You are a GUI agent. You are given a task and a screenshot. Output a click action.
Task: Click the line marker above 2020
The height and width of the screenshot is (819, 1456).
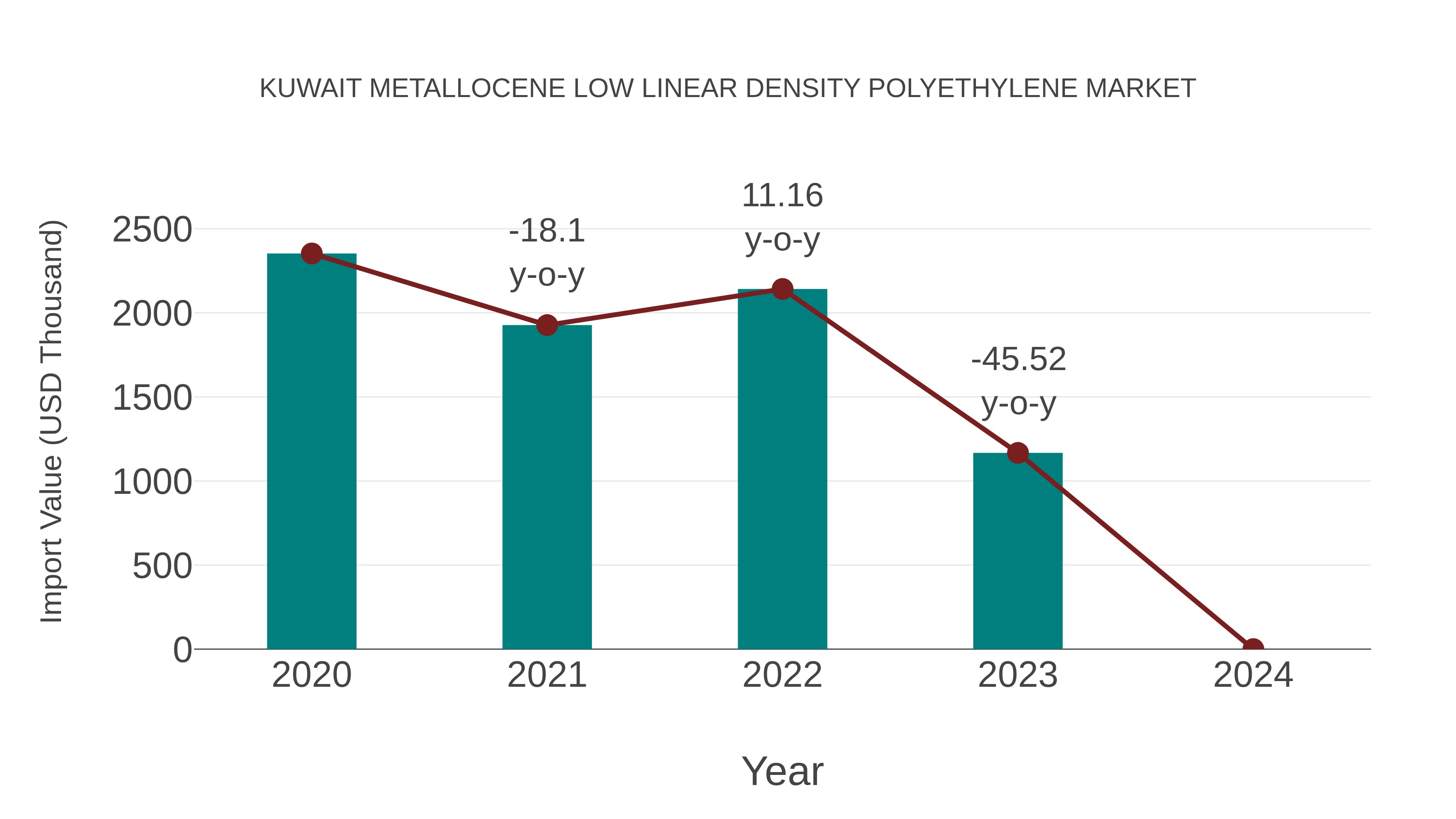(x=311, y=254)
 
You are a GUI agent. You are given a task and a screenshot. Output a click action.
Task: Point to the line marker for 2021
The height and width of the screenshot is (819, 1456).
(x=546, y=325)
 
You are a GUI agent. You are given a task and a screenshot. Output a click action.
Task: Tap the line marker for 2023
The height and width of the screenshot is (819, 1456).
(x=1018, y=453)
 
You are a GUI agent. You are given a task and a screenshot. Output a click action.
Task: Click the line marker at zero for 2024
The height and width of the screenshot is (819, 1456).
(x=1253, y=648)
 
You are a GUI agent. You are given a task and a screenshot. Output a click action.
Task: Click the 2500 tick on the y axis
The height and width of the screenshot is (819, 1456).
(x=152, y=230)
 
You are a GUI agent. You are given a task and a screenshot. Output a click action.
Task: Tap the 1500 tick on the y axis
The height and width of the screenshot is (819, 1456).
(x=152, y=398)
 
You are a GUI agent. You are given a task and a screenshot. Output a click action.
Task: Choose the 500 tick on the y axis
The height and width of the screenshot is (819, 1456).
(x=162, y=566)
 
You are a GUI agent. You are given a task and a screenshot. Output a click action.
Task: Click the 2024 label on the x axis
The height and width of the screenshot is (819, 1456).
(x=1253, y=675)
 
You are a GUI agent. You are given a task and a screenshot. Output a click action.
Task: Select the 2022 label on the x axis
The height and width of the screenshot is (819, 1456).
(x=782, y=675)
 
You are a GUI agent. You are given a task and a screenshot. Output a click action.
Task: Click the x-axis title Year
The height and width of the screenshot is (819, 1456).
(x=782, y=771)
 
